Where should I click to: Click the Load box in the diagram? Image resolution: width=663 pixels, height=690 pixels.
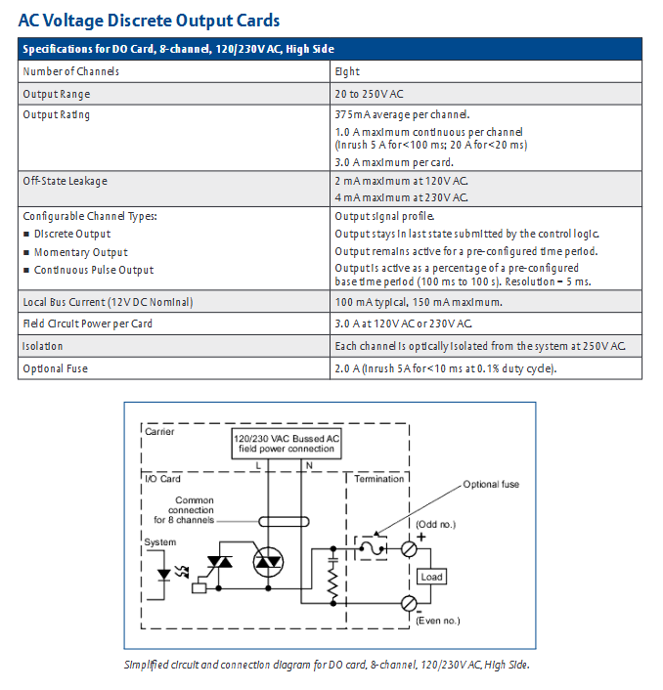click(x=431, y=577)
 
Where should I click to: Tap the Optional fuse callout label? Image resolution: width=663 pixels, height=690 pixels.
click(x=491, y=485)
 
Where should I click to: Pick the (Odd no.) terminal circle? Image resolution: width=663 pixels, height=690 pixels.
click(x=410, y=549)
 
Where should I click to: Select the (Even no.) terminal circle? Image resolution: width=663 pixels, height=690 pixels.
click(x=410, y=604)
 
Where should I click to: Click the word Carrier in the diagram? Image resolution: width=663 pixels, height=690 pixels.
click(x=158, y=431)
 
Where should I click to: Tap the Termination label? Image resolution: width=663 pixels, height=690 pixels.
click(x=379, y=479)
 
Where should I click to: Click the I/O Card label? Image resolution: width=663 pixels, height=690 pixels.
click(x=162, y=479)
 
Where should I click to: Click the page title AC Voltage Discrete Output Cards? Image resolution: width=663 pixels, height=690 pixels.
click(x=149, y=20)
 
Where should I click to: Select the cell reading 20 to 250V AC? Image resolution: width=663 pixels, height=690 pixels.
click(x=370, y=94)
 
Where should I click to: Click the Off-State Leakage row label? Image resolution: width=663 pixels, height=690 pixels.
click(x=66, y=181)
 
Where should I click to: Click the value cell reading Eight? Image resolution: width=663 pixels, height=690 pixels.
click(x=347, y=71)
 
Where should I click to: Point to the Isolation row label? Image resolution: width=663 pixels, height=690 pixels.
click(x=43, y=346)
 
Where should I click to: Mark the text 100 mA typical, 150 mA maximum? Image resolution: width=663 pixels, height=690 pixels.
click(x=419, y=302)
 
